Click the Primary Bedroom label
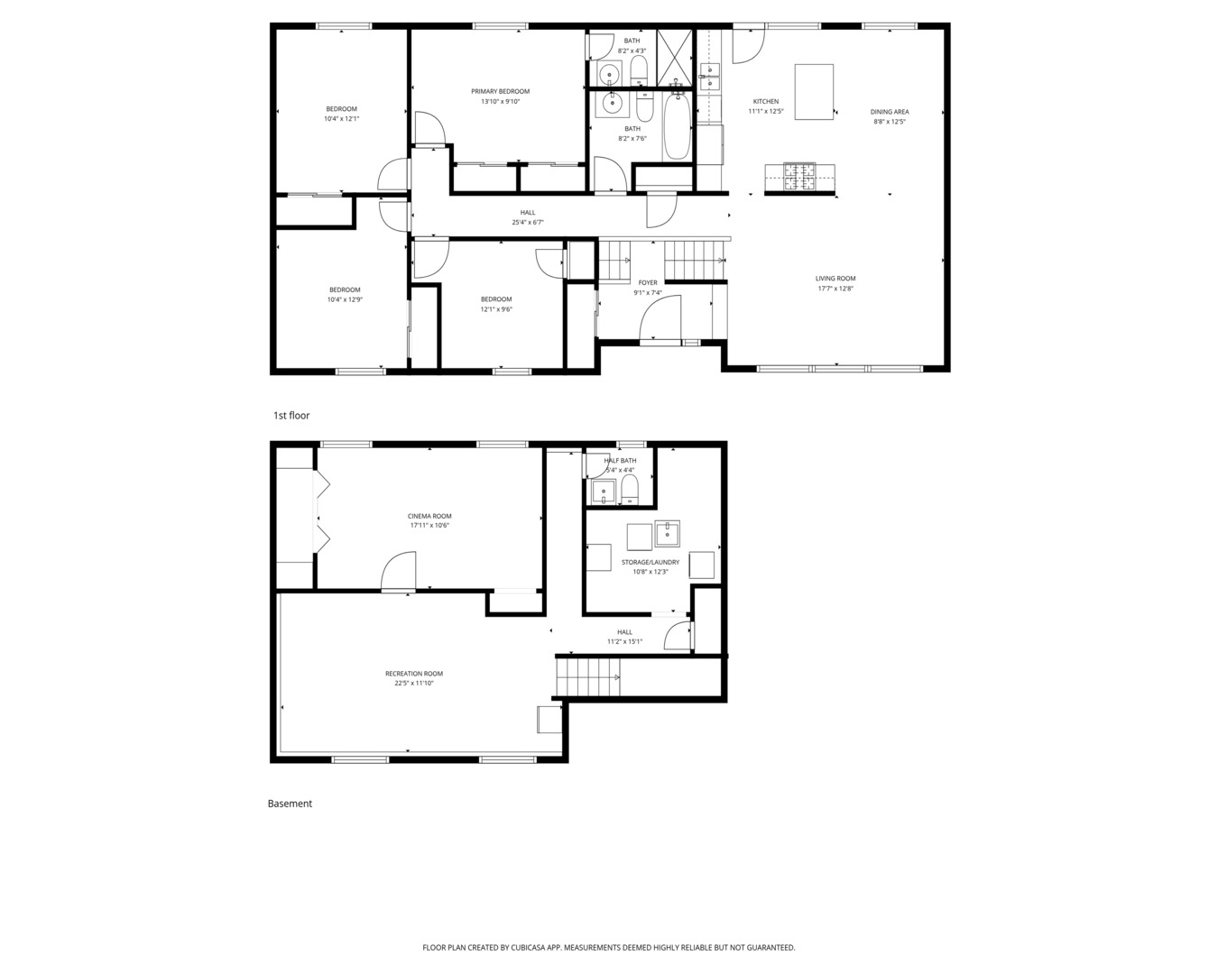coord(501,91)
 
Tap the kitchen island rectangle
coord(814,92)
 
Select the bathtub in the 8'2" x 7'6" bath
coord(677,126)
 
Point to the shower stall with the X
coord(674,59)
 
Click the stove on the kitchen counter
coord(799,177)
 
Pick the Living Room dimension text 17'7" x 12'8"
coord(835,289)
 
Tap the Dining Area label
coord(890,112)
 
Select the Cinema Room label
coord(429,516)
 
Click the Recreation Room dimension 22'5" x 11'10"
coord(414,683)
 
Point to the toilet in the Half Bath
coord(630,489)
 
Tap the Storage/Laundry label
coord(651,562)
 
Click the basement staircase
coord(587,677)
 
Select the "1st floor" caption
coord(291,416)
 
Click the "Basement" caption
coord(290,804)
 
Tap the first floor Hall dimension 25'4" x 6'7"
coord(528,223)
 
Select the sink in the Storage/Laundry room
coord(668,534)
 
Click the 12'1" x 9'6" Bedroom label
coord(496,309)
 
